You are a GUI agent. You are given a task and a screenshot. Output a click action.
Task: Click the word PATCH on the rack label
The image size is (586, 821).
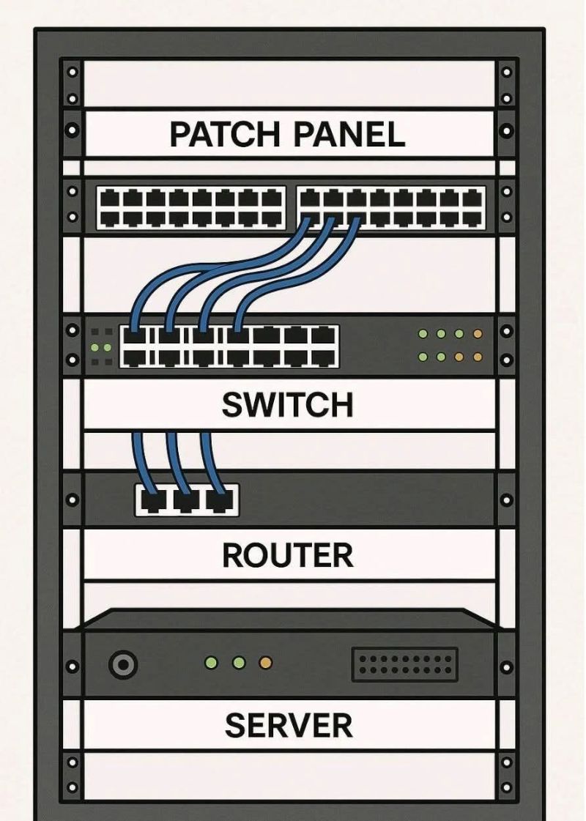225,134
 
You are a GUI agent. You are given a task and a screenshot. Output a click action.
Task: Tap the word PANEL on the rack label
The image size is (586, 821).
349,134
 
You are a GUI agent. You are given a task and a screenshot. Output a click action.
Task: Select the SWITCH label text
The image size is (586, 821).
287,405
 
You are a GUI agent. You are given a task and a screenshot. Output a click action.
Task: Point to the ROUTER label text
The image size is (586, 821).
287,555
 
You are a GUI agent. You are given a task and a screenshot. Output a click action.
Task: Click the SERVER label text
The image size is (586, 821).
289,725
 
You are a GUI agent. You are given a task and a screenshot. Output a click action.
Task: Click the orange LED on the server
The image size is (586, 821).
266,663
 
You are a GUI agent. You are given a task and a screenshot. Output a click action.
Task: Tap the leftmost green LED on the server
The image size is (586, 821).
211,663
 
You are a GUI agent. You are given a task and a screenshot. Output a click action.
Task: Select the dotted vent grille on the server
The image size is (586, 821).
404,664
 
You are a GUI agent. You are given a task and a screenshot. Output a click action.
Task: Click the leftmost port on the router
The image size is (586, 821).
152,501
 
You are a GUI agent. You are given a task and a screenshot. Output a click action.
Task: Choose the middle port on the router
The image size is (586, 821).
186,501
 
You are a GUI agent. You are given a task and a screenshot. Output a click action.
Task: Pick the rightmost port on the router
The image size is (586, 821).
220,501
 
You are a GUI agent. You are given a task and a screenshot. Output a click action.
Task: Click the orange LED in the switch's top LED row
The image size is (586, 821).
477,333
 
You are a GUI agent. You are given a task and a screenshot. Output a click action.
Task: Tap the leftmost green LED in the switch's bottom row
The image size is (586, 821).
423,357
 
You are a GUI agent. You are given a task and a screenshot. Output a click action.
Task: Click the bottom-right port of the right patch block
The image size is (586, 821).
473,219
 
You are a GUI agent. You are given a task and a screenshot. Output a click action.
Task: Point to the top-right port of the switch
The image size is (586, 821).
324,335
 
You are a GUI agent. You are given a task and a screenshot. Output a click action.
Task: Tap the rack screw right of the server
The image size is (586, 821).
506,667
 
